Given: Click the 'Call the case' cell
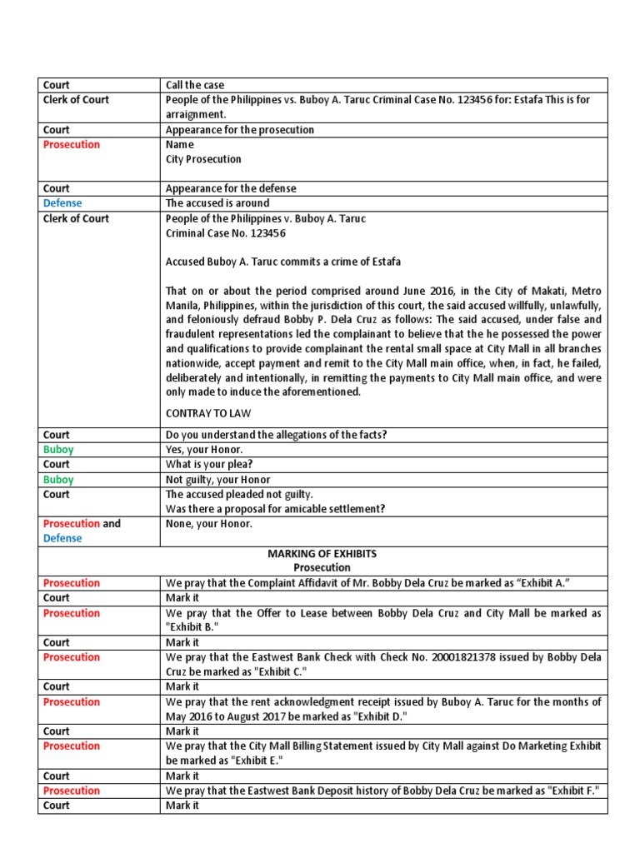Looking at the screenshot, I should pos(195,85).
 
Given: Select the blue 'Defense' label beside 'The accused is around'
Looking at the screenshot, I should pos(62,203).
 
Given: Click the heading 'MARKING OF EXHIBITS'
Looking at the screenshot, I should pos(323,554).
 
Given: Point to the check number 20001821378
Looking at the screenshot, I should pos(468,657).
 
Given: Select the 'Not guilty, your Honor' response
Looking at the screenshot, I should pos(218,480).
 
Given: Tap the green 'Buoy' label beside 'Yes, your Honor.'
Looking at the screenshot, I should pos(58,450).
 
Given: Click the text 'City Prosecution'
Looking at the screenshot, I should pos(203,159).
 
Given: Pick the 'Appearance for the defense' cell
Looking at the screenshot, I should pos(231,188).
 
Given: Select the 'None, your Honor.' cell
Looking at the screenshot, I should pos(208,524).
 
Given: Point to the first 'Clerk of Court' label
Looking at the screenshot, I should pos(76,100).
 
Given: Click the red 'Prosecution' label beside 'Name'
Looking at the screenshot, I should pos(72,145).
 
